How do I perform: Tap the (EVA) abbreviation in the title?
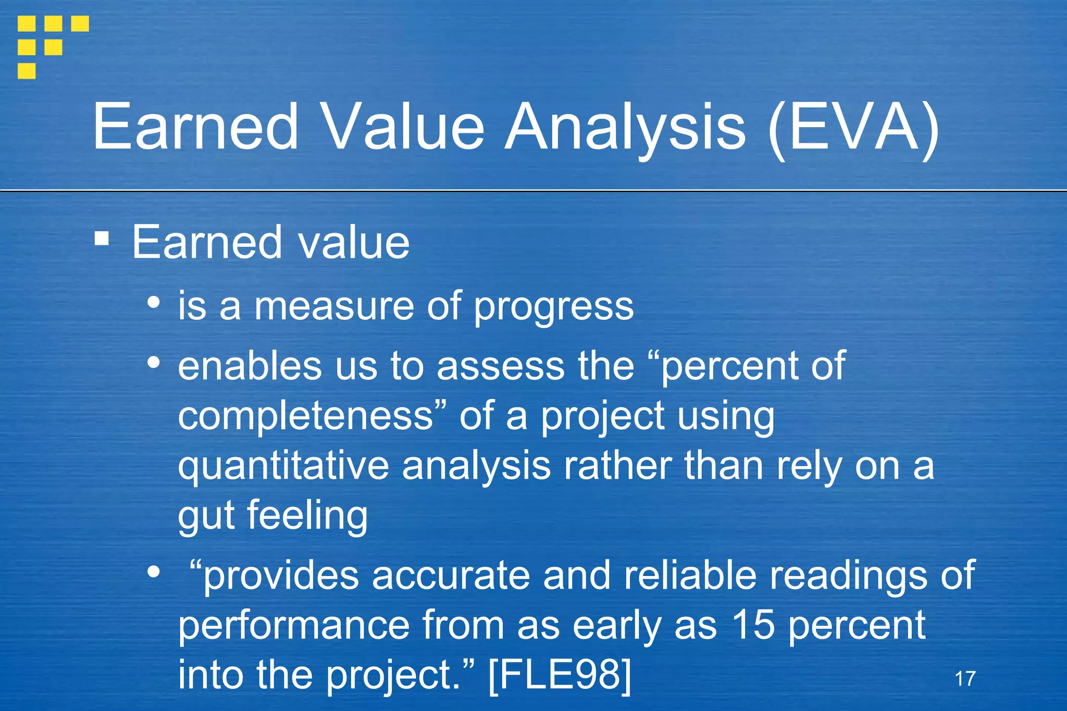pyautogui.click(x=854, y=128)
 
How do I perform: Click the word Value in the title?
pyautogui.click(x=404, y=128)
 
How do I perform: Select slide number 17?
pyautogui.click(x=965, y=679)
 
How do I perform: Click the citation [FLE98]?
pyautogui.click(x=560, y=675)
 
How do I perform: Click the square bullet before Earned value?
pyautogui.click(x=102, y=239)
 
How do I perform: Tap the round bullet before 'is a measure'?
pyautogui.click(x=153, y=302)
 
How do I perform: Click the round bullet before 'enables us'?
pyautogui.click(x=153, y=362)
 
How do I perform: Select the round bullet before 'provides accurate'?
pyautogui.click(x=153, y=571)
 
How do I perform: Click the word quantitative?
pyautogui.click(x=283, y=466)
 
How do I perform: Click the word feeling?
pyautogui.click(x=307, y=516)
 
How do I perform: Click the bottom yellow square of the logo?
pyautogui.click(x=27, y=70)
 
